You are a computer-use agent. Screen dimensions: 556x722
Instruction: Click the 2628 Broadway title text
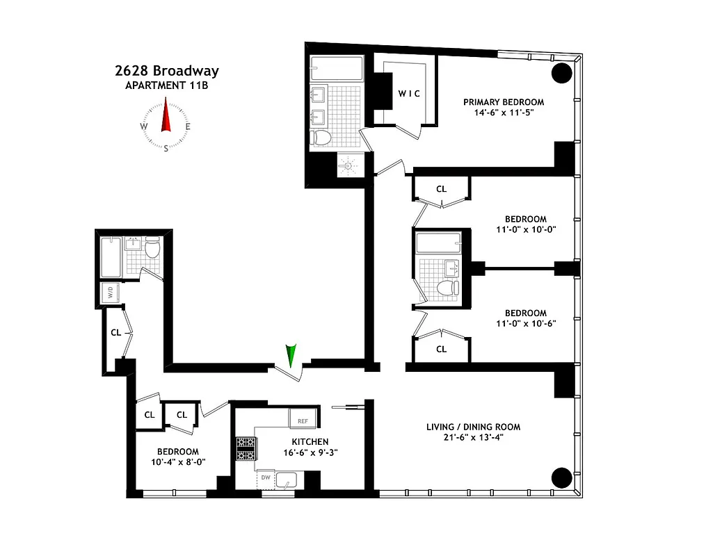(x=166, y=71)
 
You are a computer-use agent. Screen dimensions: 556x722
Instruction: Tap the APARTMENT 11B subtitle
(x=166, y=85)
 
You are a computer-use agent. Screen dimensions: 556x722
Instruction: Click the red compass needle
(x=166, y=116)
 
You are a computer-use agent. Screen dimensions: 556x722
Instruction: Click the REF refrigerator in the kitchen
(x=303, y=420)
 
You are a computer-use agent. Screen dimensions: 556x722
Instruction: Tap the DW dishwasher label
(x=266, y=477)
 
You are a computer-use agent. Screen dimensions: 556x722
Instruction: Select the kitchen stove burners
(x=246, y=448)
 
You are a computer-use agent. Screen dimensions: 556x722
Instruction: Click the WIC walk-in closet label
(x=408, y=94)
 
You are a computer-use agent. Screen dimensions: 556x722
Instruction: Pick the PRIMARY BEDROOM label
(x=504, y=102)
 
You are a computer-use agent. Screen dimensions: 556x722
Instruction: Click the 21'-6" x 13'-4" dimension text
(x=473, y=437)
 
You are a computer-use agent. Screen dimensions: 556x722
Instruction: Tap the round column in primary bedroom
(x=562, y=73)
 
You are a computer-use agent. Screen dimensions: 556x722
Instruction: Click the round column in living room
(x=562, y=477)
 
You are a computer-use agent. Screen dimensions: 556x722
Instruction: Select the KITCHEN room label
(x=310, y=441)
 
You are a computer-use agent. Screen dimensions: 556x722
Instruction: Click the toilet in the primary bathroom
(x=321, y=138)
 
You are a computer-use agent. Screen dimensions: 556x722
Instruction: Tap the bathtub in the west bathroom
(x=111, y=256)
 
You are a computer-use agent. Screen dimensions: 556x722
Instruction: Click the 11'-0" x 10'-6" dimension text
(x=525, y=322)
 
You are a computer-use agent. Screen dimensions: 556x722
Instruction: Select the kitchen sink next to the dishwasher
(x=286, y=479)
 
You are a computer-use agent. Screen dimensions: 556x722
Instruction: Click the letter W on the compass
(x=144, y=126)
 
